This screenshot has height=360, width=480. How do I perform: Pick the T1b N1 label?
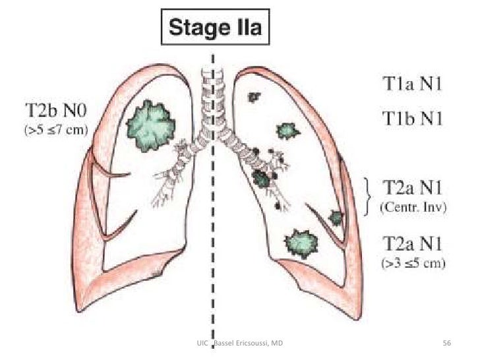tap(413, 118)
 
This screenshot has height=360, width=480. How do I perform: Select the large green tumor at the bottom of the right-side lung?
tap(301, 242)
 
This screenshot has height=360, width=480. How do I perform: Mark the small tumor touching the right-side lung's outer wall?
tap(336, 217)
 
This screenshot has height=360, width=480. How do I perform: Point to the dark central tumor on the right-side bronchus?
tap(262, 178)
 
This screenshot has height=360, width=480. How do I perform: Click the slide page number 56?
tap(446, 344)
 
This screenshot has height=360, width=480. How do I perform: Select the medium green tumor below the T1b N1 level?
tap(286, 131)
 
